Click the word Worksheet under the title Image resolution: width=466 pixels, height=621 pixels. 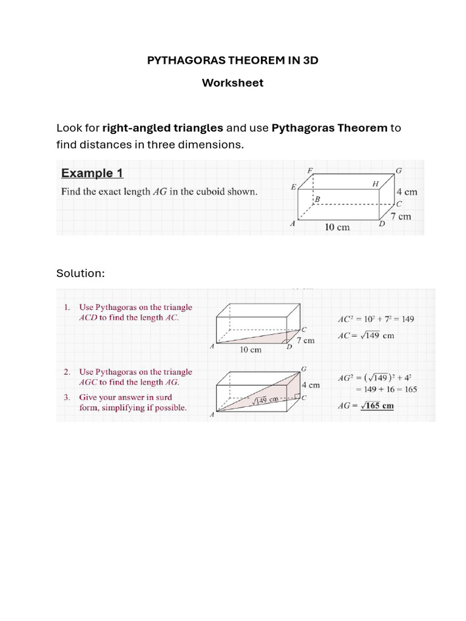coord(233,83)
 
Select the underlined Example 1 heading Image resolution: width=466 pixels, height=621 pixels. coord(92,173)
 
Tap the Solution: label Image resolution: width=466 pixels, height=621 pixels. coord(81,274)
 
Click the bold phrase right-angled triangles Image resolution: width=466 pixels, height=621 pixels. coord(163,128)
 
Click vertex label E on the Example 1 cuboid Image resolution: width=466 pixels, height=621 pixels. coord(294,187)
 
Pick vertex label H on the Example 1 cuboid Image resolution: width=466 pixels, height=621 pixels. coord(376,183)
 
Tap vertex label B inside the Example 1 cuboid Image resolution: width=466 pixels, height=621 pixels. coord(317,199)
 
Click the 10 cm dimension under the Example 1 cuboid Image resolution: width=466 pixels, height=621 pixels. coord(337,227)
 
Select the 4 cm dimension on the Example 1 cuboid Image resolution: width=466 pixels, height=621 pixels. coord(407,192)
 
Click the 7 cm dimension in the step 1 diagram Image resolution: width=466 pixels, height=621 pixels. coord(305,340)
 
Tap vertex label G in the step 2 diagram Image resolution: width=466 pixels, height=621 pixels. coord(303,369)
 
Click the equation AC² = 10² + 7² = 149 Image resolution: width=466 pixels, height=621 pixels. coord(376,319)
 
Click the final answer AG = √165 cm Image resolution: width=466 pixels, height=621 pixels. coord(365,406)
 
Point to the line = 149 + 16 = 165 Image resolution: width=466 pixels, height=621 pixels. coord(387,389)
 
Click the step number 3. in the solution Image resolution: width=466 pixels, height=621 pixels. coord(67,397)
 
